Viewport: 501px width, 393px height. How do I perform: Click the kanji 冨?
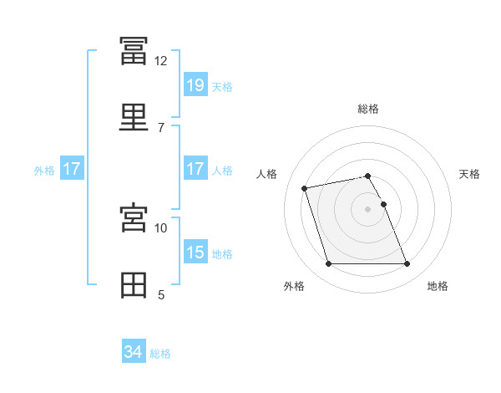tap(134, 51)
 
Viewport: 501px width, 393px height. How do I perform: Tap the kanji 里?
tap(134, 117)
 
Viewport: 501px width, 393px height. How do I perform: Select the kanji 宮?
tap(134, 217)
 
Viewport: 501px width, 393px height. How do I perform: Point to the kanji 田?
tap(134, 285)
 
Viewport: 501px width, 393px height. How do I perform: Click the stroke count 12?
tap(160, 61)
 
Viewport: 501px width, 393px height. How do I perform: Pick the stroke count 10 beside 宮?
tap(160, 228)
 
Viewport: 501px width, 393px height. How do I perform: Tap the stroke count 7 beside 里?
tap(161, 128)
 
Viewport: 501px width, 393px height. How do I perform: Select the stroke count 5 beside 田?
tap(161, 295)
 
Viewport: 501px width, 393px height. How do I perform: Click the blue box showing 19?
tap(195, 84)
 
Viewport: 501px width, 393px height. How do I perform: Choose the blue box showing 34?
tap(134, 350)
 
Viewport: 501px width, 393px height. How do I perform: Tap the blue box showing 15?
tap(195, 251)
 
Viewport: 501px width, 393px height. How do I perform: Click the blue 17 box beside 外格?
tap(72, 168)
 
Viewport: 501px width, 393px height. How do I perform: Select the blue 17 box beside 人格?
tap(195, 168)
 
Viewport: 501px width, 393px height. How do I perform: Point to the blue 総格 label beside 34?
tap(160, 354)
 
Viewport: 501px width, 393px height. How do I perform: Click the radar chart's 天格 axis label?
tap(469, 174)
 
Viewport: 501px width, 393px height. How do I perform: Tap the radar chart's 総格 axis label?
tap(368, 109)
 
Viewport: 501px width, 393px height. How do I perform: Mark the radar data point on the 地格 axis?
tap(407, 263)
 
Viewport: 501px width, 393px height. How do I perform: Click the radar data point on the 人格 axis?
tap(304, 188)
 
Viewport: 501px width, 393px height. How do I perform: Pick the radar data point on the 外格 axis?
tap(328, 263)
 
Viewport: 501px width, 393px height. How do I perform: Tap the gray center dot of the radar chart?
tap(367, 209)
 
